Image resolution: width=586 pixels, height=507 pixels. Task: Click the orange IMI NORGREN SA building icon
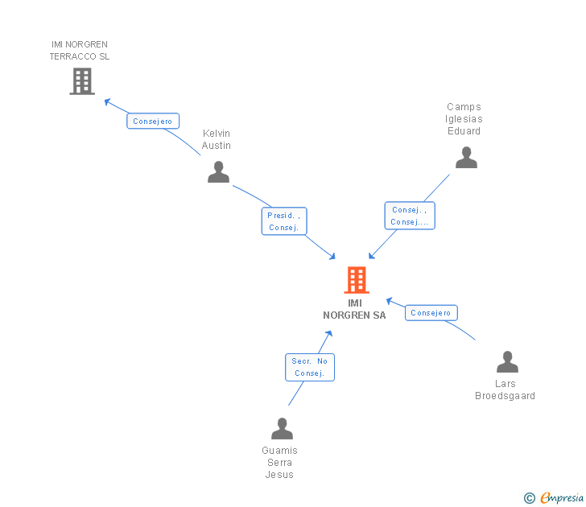(x=356, y=280)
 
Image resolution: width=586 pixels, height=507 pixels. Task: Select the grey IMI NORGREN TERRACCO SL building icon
(x=82, y=81)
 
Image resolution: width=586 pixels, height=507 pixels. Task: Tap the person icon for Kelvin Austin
(x=218, y=171)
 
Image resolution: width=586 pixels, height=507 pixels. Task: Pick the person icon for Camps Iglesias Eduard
(x=466, y=157)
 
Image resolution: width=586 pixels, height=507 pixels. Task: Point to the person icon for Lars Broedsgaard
(x=507, y=362)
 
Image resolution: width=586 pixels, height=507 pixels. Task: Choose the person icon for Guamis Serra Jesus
(x=282, y=428)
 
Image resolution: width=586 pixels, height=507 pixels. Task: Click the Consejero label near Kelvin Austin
(x=152, y=121)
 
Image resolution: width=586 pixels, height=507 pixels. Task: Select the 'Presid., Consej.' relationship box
(x=284, y=221)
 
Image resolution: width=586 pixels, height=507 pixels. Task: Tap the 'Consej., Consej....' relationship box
(x=410, y=216)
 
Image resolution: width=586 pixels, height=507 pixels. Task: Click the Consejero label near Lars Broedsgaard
(x=431, y=312)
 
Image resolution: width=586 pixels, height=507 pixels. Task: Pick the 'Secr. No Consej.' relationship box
(x=310, y=367)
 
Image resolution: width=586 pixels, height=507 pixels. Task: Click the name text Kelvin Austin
(x=217, y=139)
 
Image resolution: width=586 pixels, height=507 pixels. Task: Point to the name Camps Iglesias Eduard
(x=464, y=119)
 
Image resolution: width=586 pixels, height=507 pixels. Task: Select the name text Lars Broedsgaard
(x=506, y=390)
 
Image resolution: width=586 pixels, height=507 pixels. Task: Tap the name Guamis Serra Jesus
(x=280, y=463)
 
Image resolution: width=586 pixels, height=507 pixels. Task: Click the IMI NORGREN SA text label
(x=354, y=309)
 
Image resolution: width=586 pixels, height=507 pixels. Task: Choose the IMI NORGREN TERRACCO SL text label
(x=80, y=50)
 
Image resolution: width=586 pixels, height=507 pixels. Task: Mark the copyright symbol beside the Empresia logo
(x=530, y=498)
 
